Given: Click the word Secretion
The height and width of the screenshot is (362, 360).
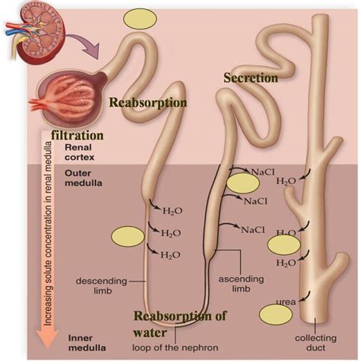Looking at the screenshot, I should (x=250, y=77).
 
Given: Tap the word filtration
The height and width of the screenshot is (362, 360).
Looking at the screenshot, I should (x=77, y=136).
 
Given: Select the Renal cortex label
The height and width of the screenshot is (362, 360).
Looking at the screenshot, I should (x=80, y=154).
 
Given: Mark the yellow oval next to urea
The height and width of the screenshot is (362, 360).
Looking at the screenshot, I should (x=274, y=314).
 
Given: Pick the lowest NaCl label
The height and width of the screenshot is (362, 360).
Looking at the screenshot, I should (x=252, y=228).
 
